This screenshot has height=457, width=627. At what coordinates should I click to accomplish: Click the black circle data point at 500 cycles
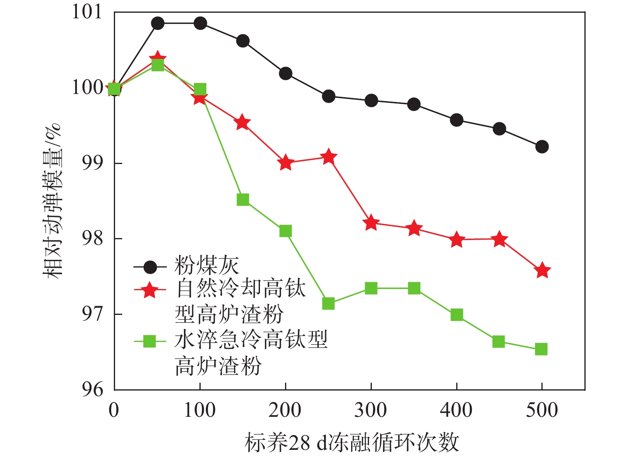tap(542, 147)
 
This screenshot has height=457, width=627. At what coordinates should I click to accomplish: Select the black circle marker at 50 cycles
tap(158, 23)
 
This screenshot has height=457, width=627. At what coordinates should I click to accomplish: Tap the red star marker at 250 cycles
tap(328, 157)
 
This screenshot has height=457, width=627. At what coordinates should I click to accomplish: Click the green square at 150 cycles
tap(243, 199)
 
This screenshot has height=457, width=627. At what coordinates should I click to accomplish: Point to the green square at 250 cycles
tap(328, 304)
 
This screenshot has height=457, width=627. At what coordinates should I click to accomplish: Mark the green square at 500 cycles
tap(541, 349)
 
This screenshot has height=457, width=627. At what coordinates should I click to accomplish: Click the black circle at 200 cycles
tap(285, 74)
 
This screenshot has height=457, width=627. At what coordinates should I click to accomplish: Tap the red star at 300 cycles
tap(371, 223)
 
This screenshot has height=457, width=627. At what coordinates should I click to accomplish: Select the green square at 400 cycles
tap(457, 315)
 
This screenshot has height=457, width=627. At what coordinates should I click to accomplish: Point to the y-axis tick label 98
tap(92, 239)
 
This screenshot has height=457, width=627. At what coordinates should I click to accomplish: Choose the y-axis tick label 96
tap(92, 389)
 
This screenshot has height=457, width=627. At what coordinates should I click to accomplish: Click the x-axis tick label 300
tap(371, 410)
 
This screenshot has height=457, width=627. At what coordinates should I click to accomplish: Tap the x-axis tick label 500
tap(542, 410)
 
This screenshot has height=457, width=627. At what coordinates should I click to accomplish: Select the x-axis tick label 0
tap(114, 410)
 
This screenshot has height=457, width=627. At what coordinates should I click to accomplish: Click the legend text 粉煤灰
tap(207, 265)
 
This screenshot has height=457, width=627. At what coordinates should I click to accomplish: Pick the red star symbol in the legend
tap(150, 290)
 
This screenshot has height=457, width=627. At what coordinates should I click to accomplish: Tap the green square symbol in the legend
tap(150, 341)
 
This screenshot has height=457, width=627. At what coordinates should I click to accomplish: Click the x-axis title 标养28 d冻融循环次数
tap(352, 443)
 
